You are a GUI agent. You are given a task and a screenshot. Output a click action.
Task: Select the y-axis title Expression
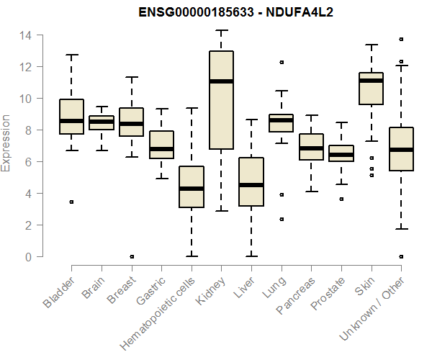(x=6, y=143)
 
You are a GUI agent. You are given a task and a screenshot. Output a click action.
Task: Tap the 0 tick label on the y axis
(x=28, y=257)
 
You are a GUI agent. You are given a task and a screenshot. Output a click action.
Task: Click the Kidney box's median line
(x=221, y=81)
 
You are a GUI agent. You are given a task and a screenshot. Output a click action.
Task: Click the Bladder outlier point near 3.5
(x=71, y=202)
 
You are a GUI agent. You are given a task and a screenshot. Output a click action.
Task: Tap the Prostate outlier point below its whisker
(x=341, y=199)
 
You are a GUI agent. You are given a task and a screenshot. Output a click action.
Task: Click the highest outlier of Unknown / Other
(x=401, y=40)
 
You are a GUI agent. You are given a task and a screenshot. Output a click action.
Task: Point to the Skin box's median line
(x=371, y=81)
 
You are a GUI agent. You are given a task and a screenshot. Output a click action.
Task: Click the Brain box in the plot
(x=102, y=122)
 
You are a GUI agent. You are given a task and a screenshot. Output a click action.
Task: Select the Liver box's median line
(x=251, y=185)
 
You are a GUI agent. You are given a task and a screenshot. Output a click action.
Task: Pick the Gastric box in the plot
(x=161, y=145)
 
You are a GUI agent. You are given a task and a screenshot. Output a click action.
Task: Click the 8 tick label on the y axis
(x=28, y=130)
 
